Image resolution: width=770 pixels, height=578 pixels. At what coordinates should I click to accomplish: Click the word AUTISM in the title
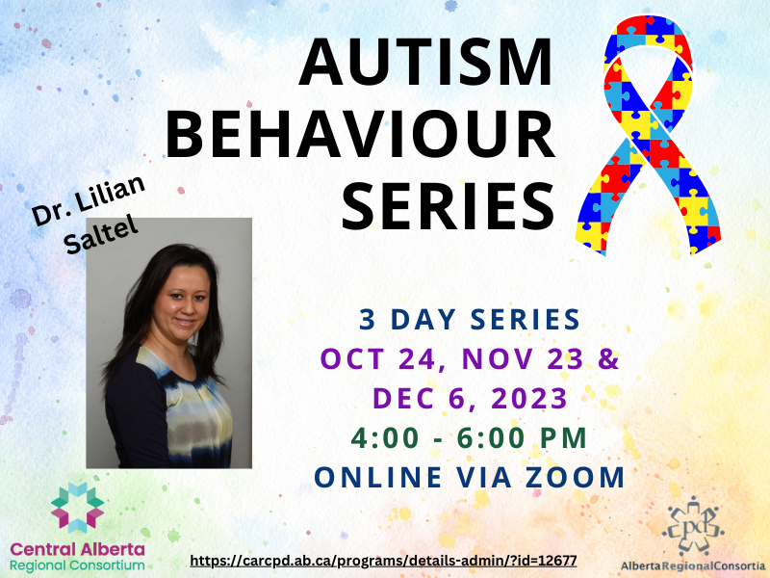426,62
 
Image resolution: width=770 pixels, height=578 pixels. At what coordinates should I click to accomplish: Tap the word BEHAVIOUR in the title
360,134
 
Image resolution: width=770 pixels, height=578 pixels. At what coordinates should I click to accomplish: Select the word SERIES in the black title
449,206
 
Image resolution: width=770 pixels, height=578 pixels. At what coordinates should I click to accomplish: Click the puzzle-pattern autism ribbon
648,135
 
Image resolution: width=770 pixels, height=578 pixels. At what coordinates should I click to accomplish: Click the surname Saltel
101,236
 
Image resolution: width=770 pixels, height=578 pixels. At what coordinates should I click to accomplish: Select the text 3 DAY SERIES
470,320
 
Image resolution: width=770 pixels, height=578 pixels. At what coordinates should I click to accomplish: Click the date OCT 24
378,358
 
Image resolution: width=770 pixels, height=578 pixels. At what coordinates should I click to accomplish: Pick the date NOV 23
523,358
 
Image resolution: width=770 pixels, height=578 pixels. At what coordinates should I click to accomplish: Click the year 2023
529,398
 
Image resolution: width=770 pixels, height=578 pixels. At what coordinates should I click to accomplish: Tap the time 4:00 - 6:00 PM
469,438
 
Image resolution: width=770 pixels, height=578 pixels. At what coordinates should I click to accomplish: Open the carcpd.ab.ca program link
383,561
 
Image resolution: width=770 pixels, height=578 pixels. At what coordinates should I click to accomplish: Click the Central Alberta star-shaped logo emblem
78,508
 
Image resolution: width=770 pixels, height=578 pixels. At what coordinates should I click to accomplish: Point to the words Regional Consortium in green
77,565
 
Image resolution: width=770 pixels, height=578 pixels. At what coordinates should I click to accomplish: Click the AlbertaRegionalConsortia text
693,565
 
